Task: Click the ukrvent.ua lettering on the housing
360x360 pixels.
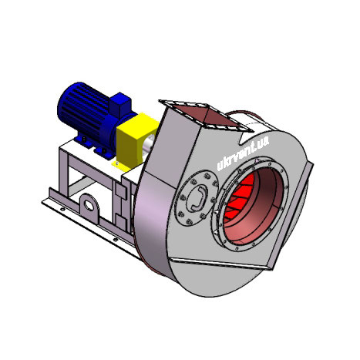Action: pyautogui.click(x=243, y=153)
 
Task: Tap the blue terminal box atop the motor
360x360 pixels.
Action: pyautogui.click(x=120, y=105)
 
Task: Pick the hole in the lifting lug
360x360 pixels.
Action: pyautogui.click(x=89, y=206)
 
